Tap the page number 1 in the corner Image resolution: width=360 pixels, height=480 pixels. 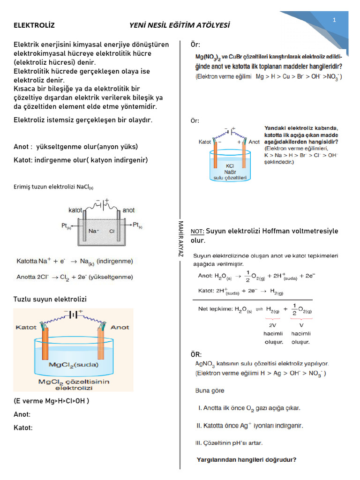(335, 20)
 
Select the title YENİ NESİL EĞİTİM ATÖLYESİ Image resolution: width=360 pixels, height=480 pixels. (180, 25)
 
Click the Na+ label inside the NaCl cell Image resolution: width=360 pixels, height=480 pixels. (93, 231)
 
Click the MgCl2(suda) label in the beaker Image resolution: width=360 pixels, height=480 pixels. (73, 364)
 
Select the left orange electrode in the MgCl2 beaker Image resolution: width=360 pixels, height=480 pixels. (45, 347)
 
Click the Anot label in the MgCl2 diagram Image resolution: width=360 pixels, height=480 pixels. (120, 327)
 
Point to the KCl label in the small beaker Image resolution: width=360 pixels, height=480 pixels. (230, 166)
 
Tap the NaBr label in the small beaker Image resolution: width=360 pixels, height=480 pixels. (230, 172)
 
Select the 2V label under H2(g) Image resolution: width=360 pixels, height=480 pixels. (272, 324)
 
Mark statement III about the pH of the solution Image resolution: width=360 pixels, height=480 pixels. (229, 442)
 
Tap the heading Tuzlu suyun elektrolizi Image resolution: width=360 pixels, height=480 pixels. (50, 299)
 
